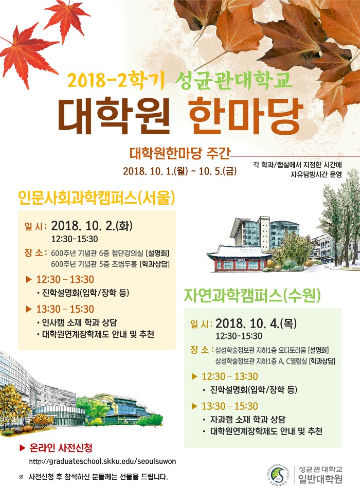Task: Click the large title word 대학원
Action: [114, 116]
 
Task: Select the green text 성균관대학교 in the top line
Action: [233, 80]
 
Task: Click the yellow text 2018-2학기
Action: [116, 80]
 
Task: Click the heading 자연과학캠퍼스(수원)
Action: [253, 295]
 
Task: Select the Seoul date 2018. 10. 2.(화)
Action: [92, 226]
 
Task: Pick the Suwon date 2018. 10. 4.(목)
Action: [256, 323]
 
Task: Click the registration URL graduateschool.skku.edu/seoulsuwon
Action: [102, 461]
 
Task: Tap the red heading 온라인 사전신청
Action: [61, 447]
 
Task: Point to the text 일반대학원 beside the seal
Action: [320, 479]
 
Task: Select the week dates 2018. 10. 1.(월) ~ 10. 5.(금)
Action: [179, 171]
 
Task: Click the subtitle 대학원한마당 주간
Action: [180, 153]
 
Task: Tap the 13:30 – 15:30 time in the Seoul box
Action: [65, 309]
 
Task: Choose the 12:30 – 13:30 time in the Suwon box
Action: [230, 376]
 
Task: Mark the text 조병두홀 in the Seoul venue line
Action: [124, 264]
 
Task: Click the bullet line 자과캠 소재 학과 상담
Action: [247, 420]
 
